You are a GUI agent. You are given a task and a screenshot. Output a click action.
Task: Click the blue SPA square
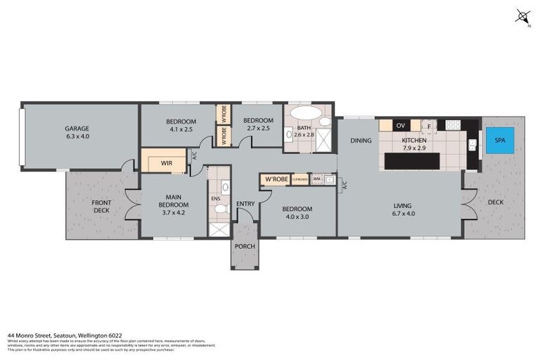tap(500, 140)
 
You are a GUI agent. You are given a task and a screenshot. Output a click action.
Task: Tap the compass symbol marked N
tap(522, 16)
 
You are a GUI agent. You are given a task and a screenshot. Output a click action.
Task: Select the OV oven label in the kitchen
tap(401, 125)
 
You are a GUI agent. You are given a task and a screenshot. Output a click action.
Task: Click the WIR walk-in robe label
tap(166, 163)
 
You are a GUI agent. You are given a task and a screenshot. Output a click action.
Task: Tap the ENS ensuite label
tap(215, 199)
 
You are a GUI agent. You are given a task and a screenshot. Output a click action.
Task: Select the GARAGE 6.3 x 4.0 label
tap(77, 133)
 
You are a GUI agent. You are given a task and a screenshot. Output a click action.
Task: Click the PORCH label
tap(245, 245)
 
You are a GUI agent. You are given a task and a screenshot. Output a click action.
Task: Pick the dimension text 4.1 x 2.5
tap(181, 129)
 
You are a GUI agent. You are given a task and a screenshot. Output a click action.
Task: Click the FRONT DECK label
tap(101, 206)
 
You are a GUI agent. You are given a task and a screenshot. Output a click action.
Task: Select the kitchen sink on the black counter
tap(472, 146)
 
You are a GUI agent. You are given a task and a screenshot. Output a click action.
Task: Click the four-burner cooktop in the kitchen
tap(452, 125)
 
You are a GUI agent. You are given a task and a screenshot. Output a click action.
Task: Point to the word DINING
tap(361, 141)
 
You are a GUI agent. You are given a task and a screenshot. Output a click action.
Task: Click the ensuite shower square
tap(219, 228)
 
